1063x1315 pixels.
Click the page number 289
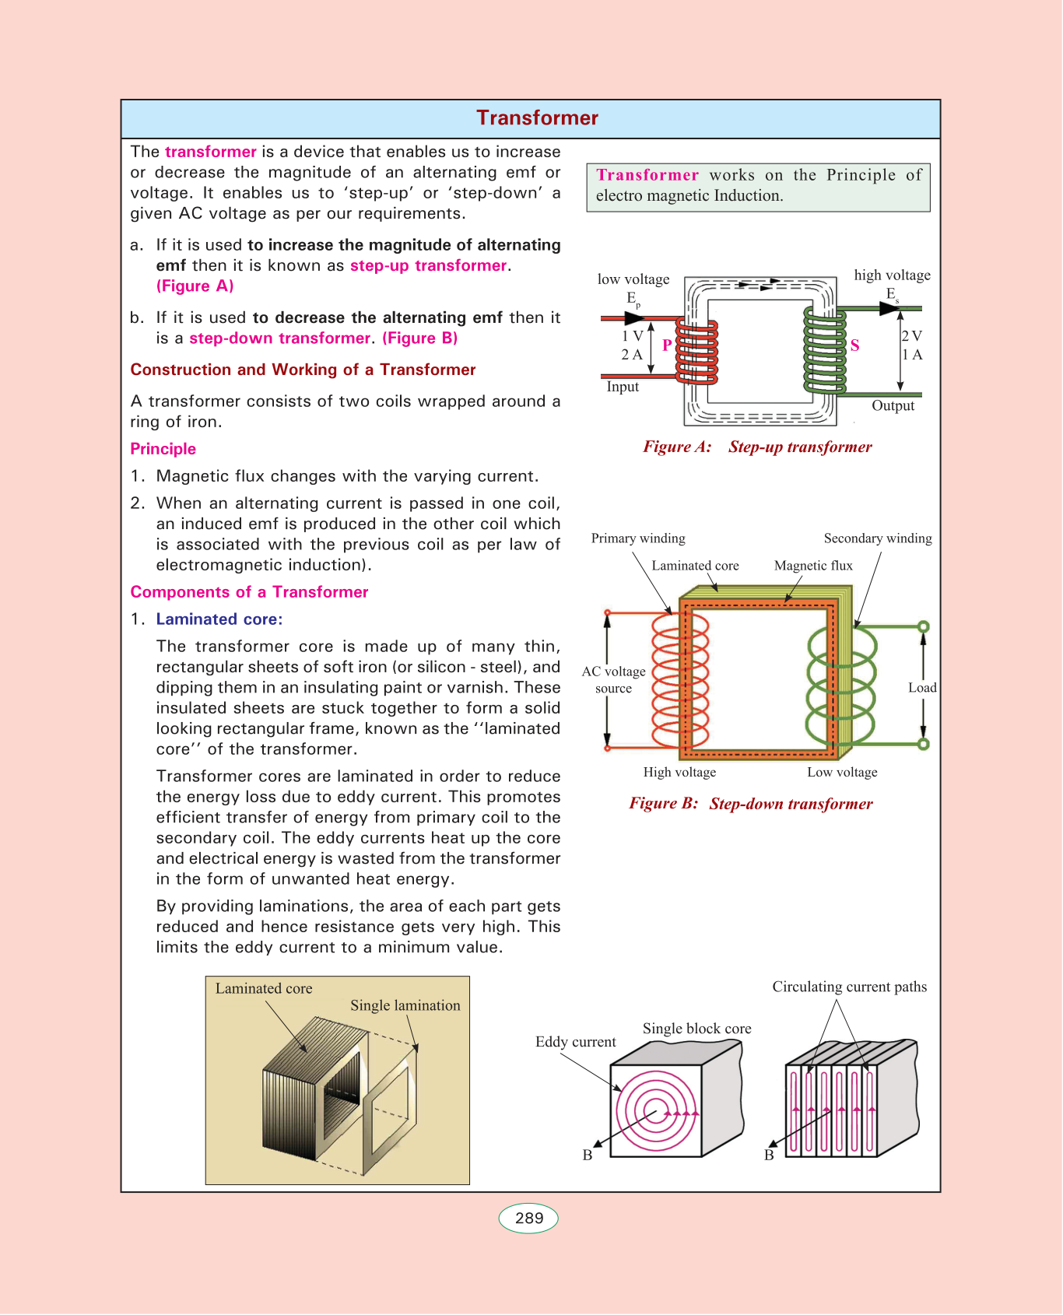pos(529,1219)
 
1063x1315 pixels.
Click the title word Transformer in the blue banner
pos(537,118)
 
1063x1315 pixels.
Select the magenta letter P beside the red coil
pos(667,345)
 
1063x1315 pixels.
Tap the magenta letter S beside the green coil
pos(854,345)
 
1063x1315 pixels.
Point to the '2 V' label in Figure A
pos(911,336)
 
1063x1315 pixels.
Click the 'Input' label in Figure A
pos(623,387)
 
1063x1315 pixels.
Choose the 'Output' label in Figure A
pos(893,405)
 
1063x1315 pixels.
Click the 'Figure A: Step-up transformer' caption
pos(757,447)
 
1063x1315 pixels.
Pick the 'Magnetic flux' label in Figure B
pos(813,566)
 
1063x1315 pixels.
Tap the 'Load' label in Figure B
pos(922,688)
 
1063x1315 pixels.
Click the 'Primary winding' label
pos(638,538)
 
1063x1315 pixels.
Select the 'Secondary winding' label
pos(877,538)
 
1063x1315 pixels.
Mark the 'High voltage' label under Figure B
pos(679,772)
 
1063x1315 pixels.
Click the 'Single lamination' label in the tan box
pos(405,1005)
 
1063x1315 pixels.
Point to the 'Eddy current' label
pos(575,1042)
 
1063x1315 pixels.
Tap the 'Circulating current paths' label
pos(849,987)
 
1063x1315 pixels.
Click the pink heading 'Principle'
pos(163,449)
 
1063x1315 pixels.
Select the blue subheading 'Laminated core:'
pos(219,619)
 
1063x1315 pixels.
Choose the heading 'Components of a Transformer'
pos(249,592)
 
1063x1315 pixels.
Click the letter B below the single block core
pos(588,1155)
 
